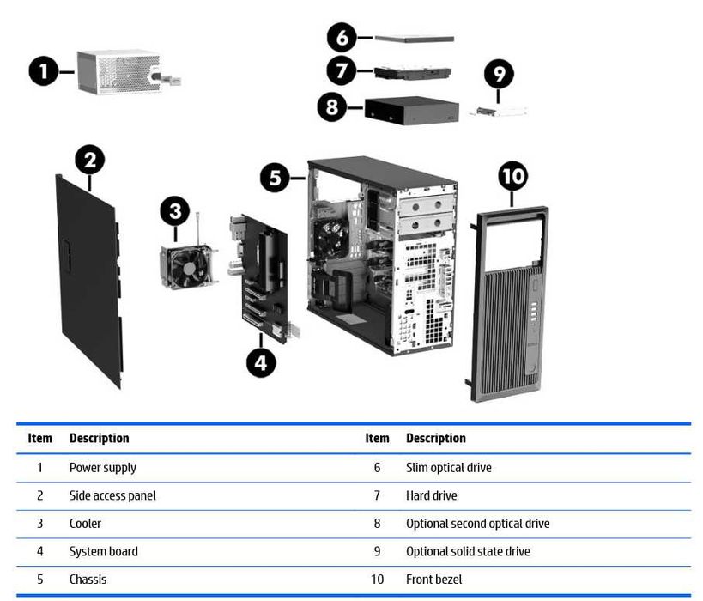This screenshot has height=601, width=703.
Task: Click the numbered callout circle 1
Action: coord(42,72)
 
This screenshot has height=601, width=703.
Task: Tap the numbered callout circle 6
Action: coord(342,38)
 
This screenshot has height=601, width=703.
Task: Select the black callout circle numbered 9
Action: coord(498,74)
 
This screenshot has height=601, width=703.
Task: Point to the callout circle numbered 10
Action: coord(512,177)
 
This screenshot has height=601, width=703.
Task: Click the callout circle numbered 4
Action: coord(262,362)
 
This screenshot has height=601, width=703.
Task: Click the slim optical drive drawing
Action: coord(415,38)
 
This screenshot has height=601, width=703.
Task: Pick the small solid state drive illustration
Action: coord(498,111)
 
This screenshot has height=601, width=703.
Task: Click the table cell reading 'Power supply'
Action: coord(103,468)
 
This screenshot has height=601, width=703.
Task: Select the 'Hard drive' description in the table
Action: coord(432,495)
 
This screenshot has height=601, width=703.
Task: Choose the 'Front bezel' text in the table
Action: coord(434,579)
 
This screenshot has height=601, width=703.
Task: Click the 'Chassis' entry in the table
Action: coord(88,579)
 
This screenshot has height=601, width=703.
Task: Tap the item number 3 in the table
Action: coord(39,524)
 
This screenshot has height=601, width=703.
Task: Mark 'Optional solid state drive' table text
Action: coord(468,551)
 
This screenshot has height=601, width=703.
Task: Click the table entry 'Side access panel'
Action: coord(112,495)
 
